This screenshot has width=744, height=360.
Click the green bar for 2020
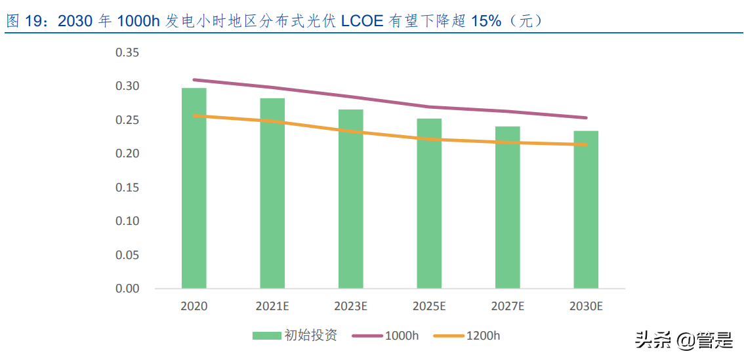pyautogui.click(x=194, y=189)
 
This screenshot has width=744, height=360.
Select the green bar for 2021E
pyautogui.click(x=272, y=193)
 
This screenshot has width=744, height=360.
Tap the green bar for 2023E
pyautogui.click(x=350, y=199)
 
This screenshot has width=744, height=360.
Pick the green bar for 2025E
pyautogui.click(x=429, y=204)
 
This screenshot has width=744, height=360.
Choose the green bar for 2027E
pyautogui.click(x=507, y=208)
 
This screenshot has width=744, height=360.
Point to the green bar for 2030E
pyautogui.click(x=586, y=210)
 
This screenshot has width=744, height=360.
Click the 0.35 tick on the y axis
pyautogui.click(x=127, y=52)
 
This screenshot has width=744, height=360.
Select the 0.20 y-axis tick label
pyautogui.click(x=127, y=153)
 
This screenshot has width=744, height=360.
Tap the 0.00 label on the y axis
pyautogui.click(x=127, y=289)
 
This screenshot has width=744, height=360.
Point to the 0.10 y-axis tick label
pyautogui.click(x=127, y=221)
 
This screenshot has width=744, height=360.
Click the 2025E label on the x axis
pyautogui.click(x=429, y=306)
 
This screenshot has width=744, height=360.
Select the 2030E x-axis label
pyautogui.click(x=586, y=306)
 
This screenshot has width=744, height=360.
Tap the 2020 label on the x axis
pyautogui.click(x=194, y=306)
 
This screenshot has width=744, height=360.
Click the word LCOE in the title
pyautogui.click(x=362, y=21)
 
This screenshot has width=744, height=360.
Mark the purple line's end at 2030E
pyautogui.click(x=586, y=118)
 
